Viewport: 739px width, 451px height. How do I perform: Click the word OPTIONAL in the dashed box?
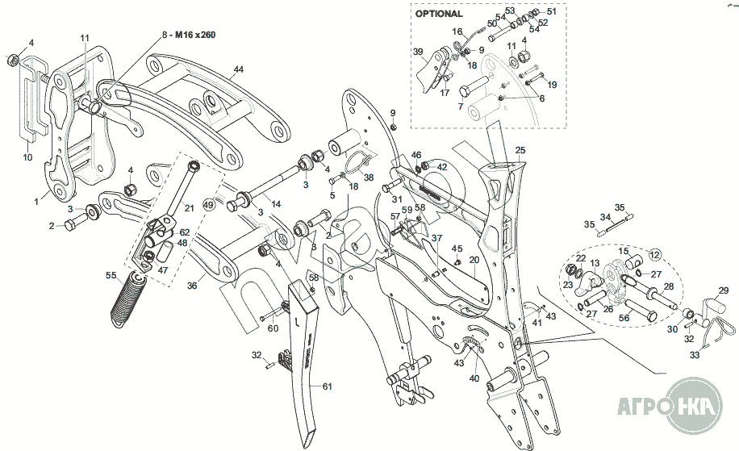pyautogui.click(x=439, y=14)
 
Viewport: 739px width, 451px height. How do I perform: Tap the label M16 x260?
pyautogui.click(x=194, y=35)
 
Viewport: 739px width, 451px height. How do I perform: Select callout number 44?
pyautogui.click(x=239, y=69)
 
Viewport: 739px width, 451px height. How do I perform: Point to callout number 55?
pyautogui.click(x=111, y=275)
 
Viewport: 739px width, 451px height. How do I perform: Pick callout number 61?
pyautogui.click(x=327, y=386)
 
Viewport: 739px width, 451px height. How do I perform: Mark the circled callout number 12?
pyautogui.click(x=653, y=255)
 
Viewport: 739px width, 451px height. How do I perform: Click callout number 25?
pyautogui.click(x=520, y=150)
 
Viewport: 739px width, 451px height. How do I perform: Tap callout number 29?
pyautogui.click(x=724, y=290)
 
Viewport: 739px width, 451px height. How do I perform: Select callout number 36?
pyautogui.click(x=192, y=285)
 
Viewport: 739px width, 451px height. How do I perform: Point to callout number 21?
pyautogui.click(x=190, y=208)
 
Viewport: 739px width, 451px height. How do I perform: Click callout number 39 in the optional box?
pyautogui.click(x=418, y=52)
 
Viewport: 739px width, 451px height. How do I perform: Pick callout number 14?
pyautogui.click(x=276, y=204)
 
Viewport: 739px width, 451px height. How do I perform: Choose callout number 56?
pyautogui.click(x=624, y=318)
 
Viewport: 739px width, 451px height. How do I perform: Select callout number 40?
pyautogui.click(x=474, y=378)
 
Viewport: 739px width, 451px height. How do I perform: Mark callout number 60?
pyautogui.click(x=273, y=328)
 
